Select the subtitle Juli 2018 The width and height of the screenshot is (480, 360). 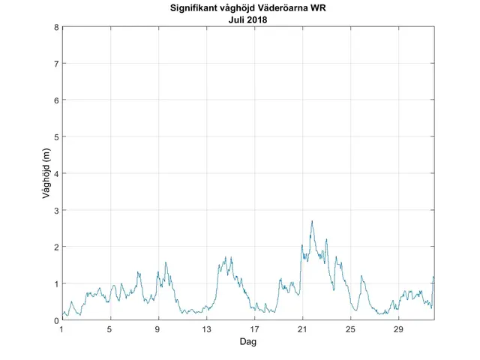click(248, 20)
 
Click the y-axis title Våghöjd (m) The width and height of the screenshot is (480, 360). click(46, 174)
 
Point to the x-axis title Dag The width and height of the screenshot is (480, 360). click(248, 341)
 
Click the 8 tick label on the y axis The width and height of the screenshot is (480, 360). click(56, 27)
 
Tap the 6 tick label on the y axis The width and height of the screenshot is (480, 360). click(56, 100)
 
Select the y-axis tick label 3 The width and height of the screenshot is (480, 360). click(56, 210)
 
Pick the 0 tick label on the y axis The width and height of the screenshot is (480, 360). click(56, 320)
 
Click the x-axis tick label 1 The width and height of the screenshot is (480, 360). click(62, 329)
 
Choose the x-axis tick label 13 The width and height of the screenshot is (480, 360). click(206, 329)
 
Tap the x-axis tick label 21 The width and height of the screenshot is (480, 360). click(302, 329)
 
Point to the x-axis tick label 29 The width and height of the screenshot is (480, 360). click(398, 329)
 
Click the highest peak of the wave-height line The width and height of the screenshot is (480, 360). click(312, 221)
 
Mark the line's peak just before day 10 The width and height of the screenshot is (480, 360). click(166, 262)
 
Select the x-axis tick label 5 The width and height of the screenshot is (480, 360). click(110, 329)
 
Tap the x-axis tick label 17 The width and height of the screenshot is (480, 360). click(254, 329)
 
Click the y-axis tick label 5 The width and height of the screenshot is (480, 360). click(56, 137)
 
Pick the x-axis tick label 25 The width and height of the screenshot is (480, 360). click(350, 329)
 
